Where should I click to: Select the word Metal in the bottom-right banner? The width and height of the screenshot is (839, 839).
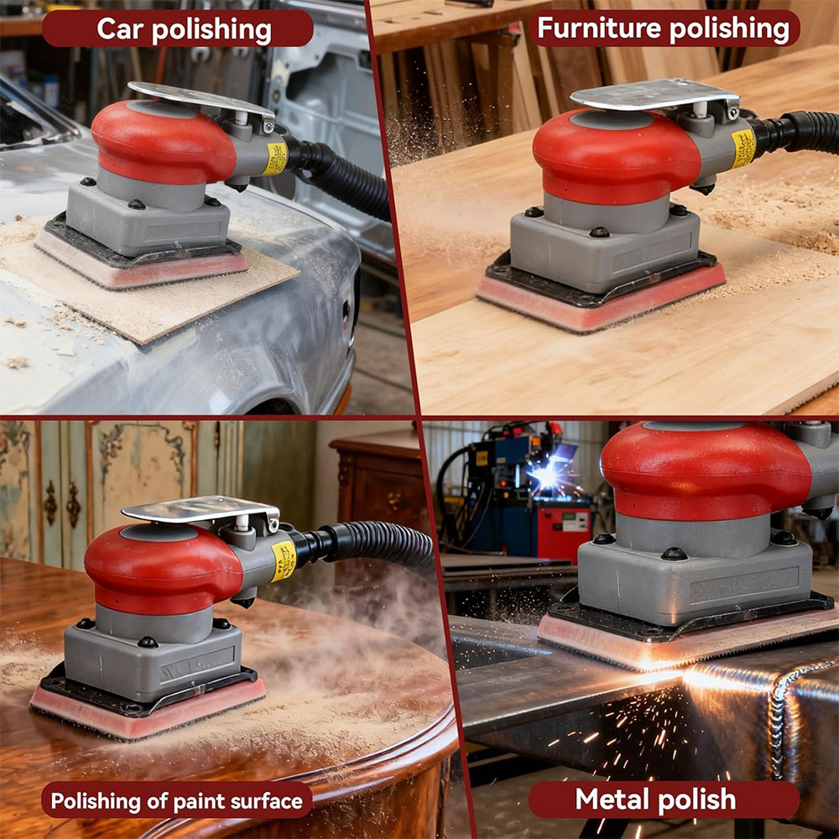click(610, 800)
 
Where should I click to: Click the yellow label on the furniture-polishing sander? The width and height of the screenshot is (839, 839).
click(743, 148)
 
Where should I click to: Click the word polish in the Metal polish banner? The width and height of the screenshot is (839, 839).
click(696, 800)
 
